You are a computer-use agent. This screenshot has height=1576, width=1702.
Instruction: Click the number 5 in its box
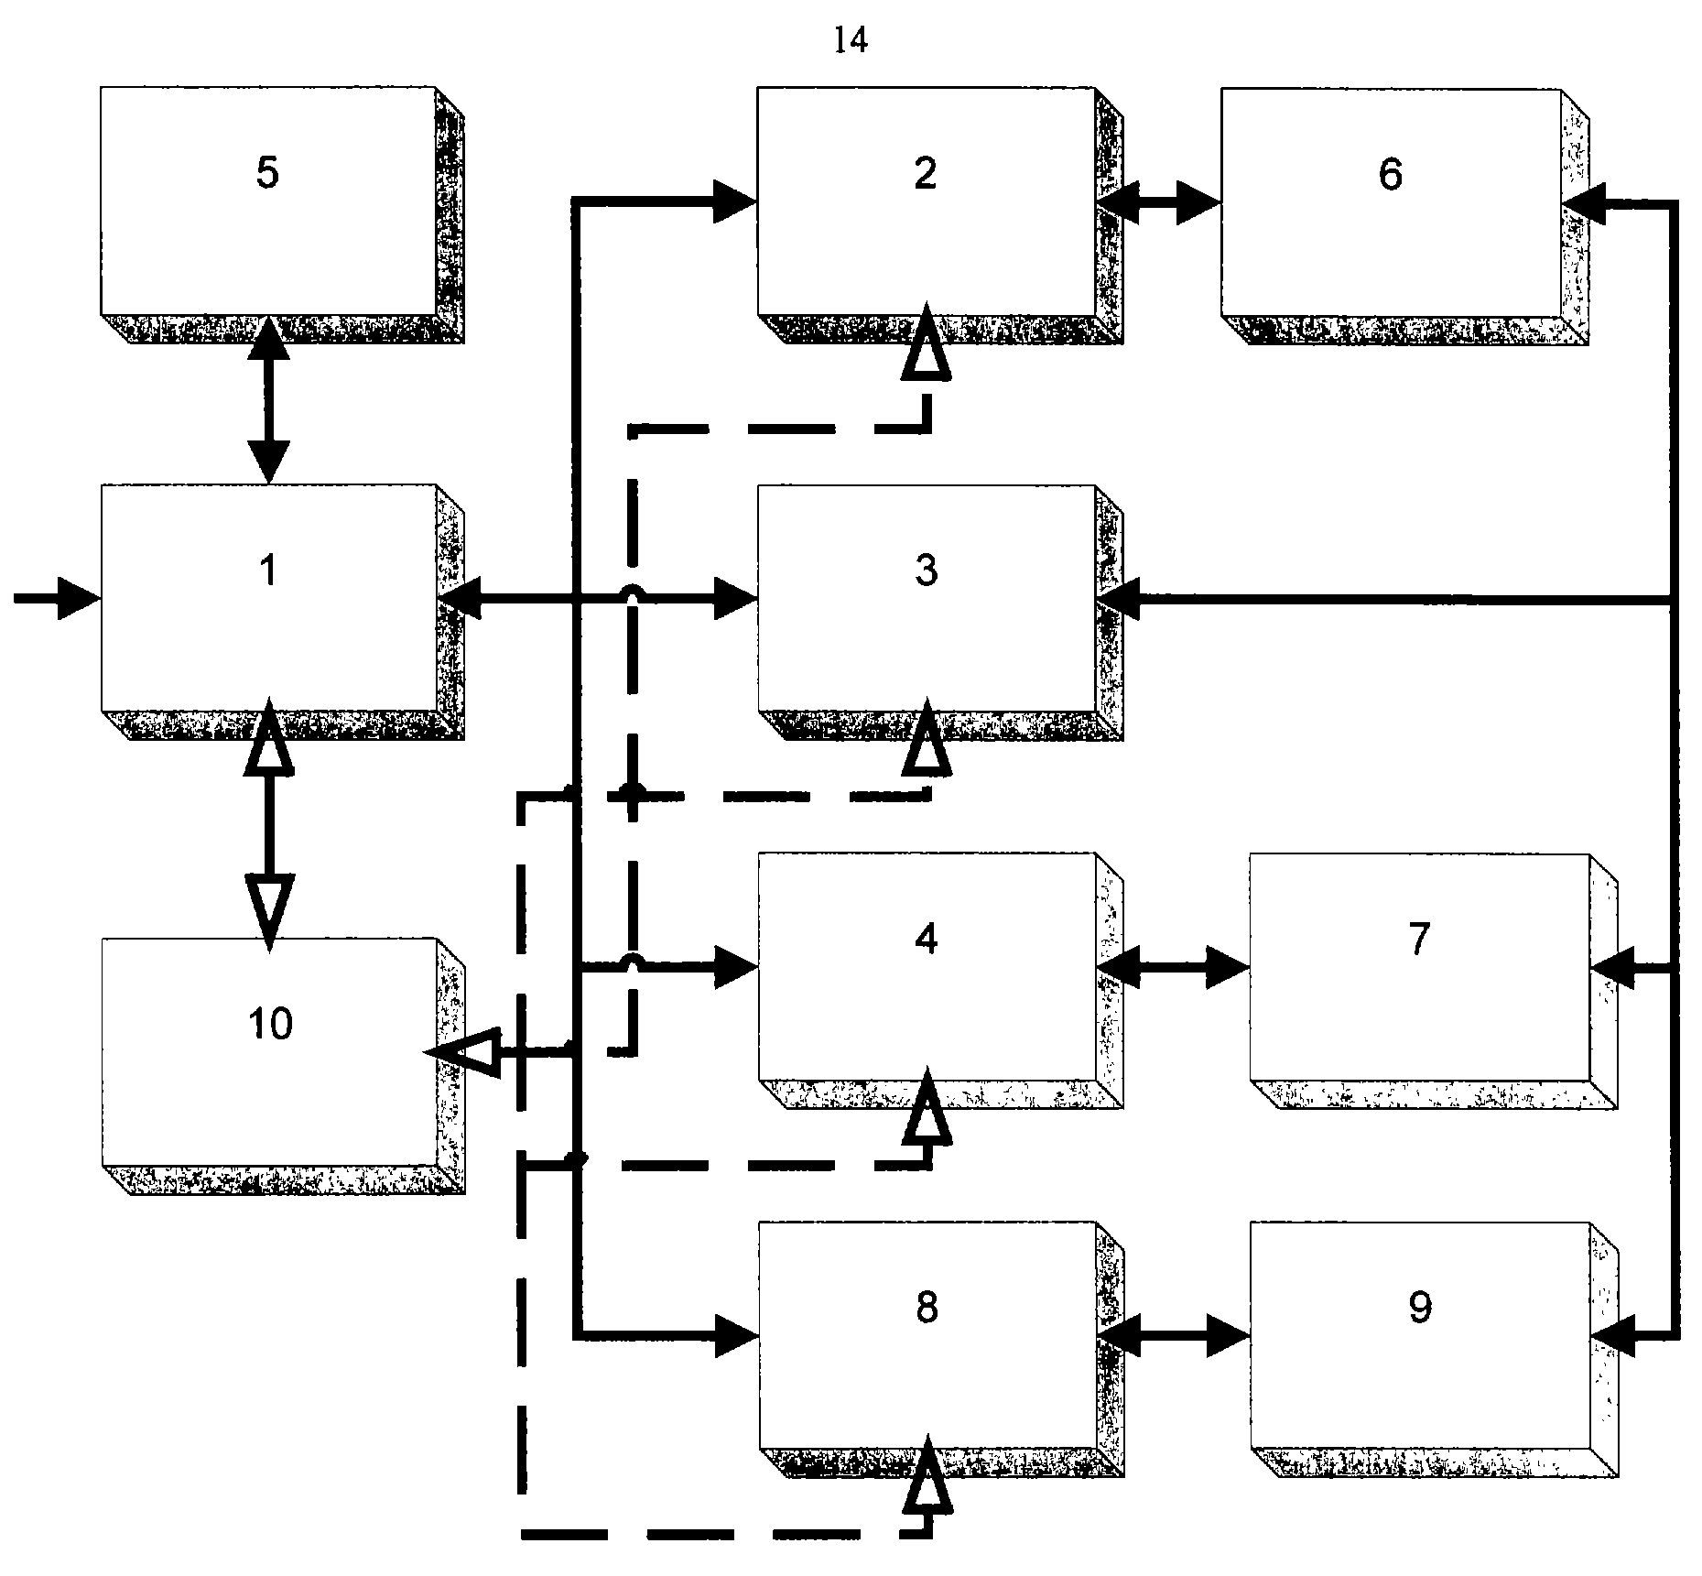coord(266,173)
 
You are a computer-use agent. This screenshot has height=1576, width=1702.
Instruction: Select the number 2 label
coord(926,173)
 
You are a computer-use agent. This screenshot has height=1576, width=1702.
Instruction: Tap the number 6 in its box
coord(1390,173)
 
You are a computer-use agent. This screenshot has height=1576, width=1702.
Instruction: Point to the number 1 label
coord(267,570)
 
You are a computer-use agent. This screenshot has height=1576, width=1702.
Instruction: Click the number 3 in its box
coord(926,570)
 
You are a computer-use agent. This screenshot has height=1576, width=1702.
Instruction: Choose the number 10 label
coord(271,1023)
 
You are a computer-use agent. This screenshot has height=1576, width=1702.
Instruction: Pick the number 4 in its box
coord(927,939)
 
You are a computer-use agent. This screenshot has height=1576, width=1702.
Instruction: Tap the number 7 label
coord(1418,939)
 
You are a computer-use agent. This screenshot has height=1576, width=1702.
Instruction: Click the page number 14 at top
coord(851,39)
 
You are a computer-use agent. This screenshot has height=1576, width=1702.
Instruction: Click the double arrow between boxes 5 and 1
coord(268,399)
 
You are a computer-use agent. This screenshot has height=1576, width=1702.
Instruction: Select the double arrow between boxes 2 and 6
coord(1159,202)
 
